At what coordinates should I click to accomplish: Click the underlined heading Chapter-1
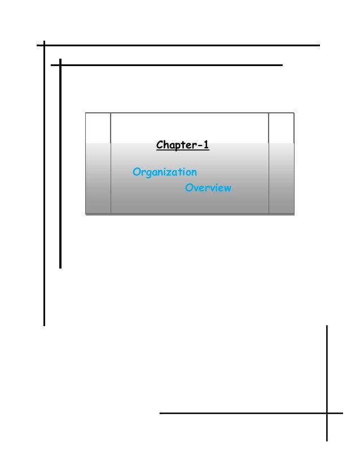click(x=182, y=146)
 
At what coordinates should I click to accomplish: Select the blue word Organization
click(x=165, y=172)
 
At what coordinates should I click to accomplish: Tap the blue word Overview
click(x=208, y=188)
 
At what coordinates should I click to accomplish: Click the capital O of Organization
click(x=136, y=172)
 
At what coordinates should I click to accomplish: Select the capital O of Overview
click(x=189, y=188)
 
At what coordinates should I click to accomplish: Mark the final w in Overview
click(x=227, y=188)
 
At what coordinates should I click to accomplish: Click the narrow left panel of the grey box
click(x=98, y=164)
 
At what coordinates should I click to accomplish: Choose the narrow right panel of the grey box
click(x=281, y=164)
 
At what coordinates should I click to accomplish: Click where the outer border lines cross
click(x=44, y=45)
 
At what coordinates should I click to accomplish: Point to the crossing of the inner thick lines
click(x=60, y=65)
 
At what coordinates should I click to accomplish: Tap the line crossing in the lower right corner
click(x=327, y=413)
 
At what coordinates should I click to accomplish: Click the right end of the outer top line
click(x=319, y=45)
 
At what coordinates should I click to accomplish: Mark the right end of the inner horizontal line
click(x=281, y=65)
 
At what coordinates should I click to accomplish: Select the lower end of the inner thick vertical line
click(x=60, y=267)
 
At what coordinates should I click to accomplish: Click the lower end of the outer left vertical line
click(x=44, y=325)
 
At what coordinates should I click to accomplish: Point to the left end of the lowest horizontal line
click(x=160, y=413)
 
